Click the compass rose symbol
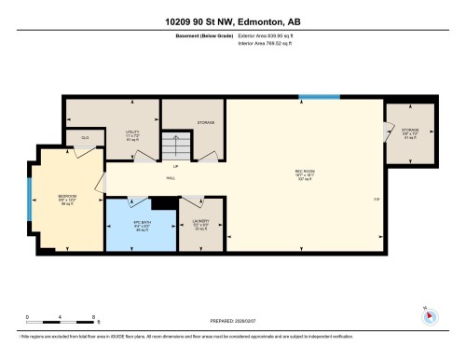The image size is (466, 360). (429, 315)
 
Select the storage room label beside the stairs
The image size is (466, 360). (205, 122)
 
